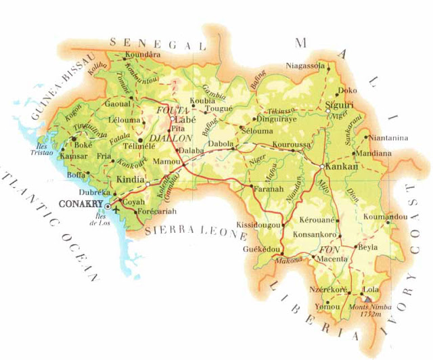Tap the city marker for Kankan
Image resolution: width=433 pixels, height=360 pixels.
[x=321, y=166]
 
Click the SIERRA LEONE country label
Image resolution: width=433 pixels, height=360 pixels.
[x=196, y=231]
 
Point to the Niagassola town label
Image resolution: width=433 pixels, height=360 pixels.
[x=304, y=66]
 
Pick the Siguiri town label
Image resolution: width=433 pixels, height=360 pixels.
[x=340, y=105]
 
